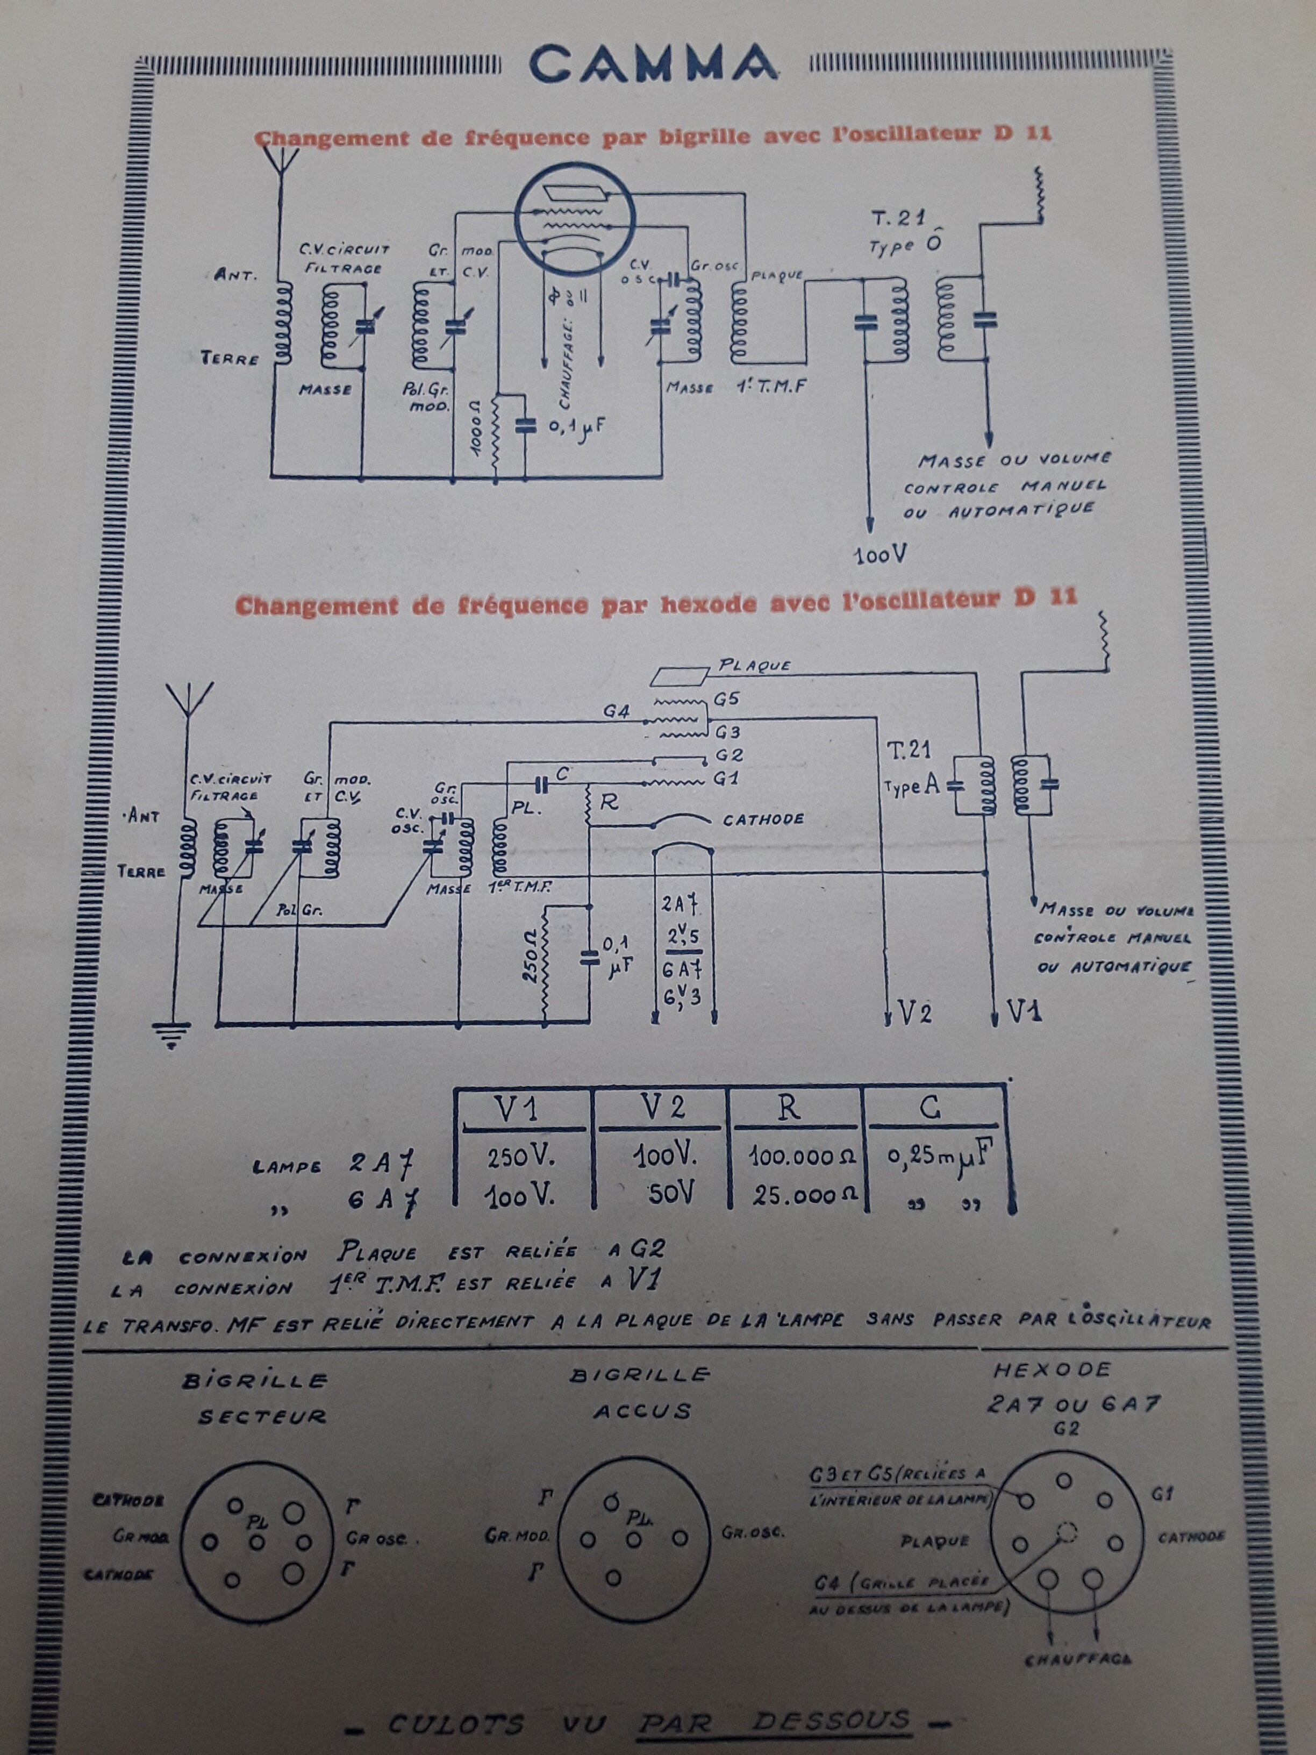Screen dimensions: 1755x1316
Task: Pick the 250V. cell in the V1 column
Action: point(522,1158)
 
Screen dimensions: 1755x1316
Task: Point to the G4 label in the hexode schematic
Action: point(617,712)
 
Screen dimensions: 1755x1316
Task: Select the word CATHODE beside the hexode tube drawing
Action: point(762,819)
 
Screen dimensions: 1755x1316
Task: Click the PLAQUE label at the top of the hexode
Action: point(754,665)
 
